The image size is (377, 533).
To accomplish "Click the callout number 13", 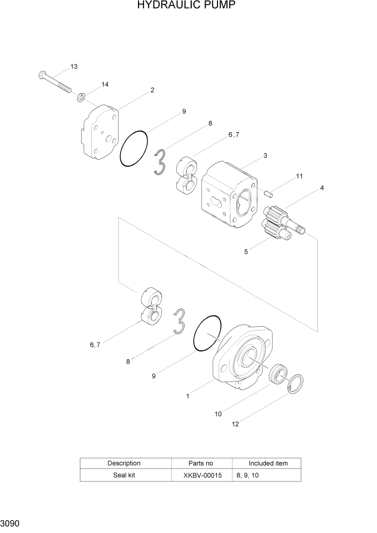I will [x=74, y=67].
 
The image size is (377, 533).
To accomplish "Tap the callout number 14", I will [x=104, y=85].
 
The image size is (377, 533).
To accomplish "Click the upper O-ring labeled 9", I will [x=134, y=148].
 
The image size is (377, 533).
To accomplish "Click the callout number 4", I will [x=322, y=188].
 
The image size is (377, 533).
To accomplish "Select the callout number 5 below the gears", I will [x=246, y=251].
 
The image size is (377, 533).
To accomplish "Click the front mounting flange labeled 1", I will [x=242, y=357].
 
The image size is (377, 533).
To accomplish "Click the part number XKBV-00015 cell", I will [x=201, y=476].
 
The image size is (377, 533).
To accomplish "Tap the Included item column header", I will [x=267, y=463].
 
